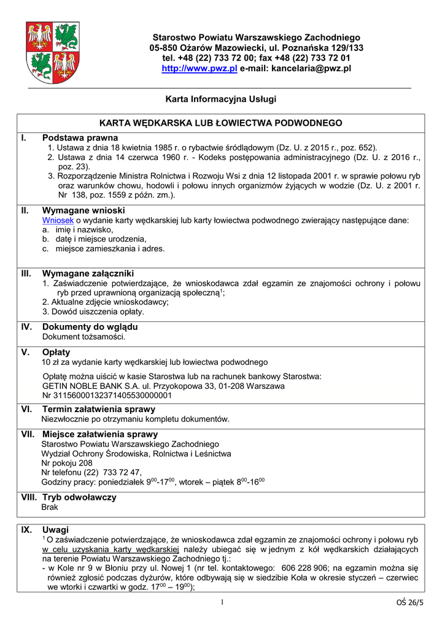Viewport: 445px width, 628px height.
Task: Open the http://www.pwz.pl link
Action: point(199,69)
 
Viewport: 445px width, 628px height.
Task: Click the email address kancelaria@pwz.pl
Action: point(311,69)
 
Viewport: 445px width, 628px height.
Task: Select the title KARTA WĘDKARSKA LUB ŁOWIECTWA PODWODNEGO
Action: point(221,123)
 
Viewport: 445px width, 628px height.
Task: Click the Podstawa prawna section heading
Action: point(80,138)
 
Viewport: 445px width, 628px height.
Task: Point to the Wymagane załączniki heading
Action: point(88,273)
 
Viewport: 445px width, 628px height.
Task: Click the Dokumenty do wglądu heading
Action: point(90,327)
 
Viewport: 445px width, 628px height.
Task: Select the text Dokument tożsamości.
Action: point(83,337)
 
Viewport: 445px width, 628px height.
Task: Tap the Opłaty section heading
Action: point(56,352)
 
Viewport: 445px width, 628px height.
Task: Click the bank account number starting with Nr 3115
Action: point(107,396)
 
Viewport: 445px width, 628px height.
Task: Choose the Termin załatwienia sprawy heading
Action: point(98,409)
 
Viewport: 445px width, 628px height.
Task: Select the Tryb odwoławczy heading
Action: point(79,497)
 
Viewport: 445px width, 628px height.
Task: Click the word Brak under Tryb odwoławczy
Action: point(50,507)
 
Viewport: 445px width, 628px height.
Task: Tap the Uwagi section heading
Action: point(55,529)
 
